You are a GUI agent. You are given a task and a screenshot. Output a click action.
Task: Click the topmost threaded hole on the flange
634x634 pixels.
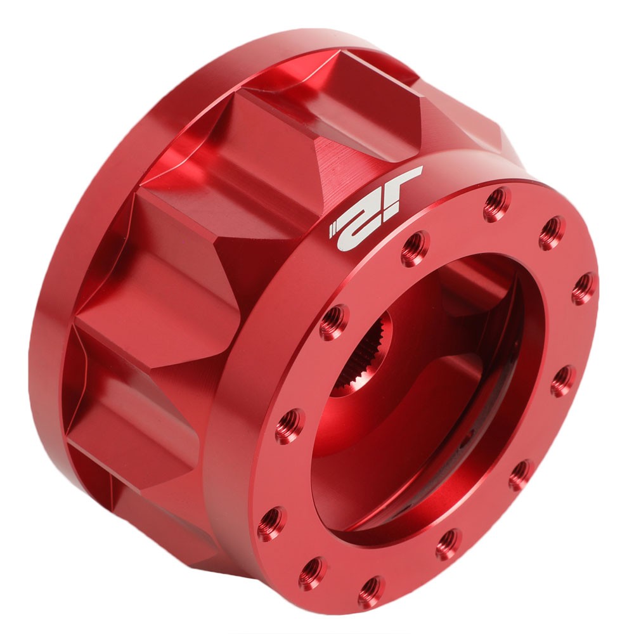pos(496,204)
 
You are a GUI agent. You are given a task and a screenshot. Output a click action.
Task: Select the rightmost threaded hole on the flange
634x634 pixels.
pos(584,288)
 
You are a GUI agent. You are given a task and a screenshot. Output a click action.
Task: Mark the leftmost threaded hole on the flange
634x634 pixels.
pos(271,524)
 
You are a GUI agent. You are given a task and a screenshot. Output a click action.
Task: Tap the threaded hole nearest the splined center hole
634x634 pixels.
pos(333,322)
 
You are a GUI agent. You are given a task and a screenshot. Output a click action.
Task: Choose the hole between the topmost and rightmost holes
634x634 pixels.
pos(552,233)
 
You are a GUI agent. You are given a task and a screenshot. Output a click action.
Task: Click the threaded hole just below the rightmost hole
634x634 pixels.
pos(563,381)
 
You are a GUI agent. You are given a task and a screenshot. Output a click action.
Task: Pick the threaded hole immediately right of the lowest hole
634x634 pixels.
pos(448,544)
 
